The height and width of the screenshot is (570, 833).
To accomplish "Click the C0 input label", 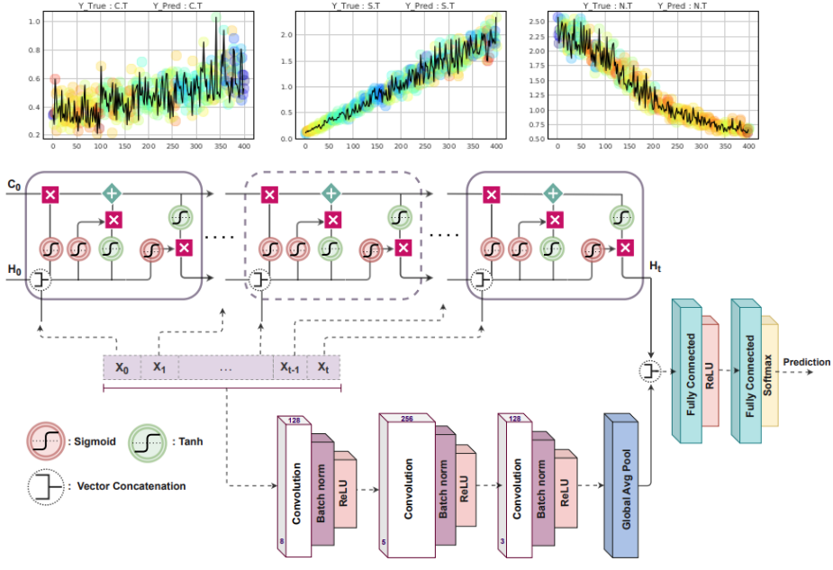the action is (x=14, y=185).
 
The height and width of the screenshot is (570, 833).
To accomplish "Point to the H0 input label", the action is (x=14, y=270).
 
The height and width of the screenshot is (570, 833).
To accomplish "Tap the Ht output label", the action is (x=655, y=267).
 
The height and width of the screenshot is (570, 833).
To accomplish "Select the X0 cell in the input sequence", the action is (x=122, y=367).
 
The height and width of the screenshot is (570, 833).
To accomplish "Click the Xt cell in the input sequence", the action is (x=323, y=367).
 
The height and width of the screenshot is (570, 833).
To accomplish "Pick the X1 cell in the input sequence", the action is (x=159, y=367).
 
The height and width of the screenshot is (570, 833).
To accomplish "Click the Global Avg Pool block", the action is (x=621, y=485).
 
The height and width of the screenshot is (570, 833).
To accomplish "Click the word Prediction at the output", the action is (x=807, y=362).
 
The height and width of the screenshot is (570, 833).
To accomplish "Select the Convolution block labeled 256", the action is (x=407, y=485).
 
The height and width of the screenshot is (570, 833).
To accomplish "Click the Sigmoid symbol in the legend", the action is (x=46, y=441).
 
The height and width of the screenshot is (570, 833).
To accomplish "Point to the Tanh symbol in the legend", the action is (x=147, y=442).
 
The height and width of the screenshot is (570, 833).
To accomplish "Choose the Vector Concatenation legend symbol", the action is (x=46, y=486).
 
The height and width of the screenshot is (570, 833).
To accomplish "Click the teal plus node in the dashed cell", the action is (x=331, y=194).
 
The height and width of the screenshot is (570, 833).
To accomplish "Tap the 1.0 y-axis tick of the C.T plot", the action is (x=34, y=22).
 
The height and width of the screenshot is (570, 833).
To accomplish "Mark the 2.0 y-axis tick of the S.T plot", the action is (x=286, y=35).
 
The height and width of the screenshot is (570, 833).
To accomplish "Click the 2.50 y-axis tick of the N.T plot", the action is (x=537, y=22).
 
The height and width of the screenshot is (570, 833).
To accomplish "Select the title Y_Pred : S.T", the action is (x=430, y=5).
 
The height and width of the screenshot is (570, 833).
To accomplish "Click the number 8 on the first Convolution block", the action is (x=282, y=541).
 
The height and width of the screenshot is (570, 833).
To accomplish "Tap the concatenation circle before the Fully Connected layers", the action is (x=650, y=371).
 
